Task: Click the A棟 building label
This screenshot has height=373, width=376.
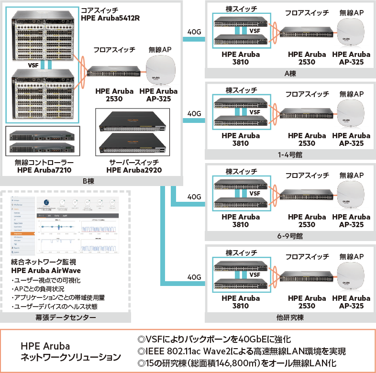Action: click(290, 73)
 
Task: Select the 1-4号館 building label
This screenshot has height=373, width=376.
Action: click(290, 154)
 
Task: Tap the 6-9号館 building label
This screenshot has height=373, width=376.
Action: click(290, 236)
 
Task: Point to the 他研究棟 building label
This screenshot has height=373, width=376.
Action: click(290, 317)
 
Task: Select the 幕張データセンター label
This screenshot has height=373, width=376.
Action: click(66, 318)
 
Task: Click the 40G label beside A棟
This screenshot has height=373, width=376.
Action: click(194, 32)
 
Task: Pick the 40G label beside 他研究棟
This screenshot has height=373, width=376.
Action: click(194, 277)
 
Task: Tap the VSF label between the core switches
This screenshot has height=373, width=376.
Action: click(33, 65)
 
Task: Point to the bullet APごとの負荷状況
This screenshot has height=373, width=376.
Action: click(39, 289)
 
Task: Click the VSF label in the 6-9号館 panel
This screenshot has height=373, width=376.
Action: click(254, 194)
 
